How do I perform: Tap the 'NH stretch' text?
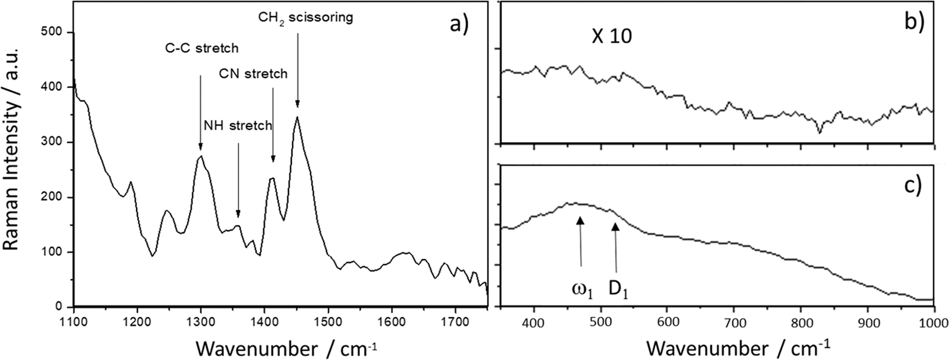(x=237, y=126)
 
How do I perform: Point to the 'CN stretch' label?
(x=253, y=74)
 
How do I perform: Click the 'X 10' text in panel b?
(x=612, y=37)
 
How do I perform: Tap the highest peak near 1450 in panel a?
(x=297, y=117)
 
